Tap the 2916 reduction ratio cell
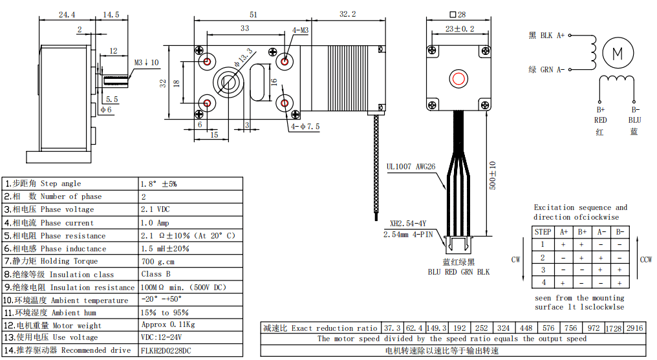[635, 328]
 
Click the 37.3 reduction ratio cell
[393, 328]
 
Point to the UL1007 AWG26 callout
[411, 167]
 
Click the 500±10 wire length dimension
[492, 175]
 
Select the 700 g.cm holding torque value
[158, 261]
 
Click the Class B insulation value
[156, 274]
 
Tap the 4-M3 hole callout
[300, 30]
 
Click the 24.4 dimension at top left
[66, 14]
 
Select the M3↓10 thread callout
[146, 63]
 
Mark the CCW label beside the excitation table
[645, 260]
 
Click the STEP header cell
[543, 231]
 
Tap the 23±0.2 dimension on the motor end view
[459, 28]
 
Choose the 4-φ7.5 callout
[305, 127]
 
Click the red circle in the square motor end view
[458, 79]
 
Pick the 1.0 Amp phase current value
[155, 222]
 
